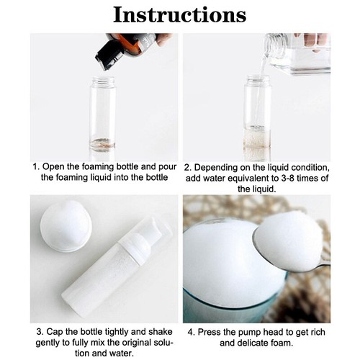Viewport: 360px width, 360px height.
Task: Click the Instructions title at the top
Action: point(180,14)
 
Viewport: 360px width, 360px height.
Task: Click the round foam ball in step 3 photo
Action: point(66,225)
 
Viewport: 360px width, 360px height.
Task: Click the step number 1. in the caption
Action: point(36,166)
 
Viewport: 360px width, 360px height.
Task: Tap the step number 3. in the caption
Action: point(39,332)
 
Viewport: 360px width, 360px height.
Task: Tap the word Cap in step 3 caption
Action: point(55,332)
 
